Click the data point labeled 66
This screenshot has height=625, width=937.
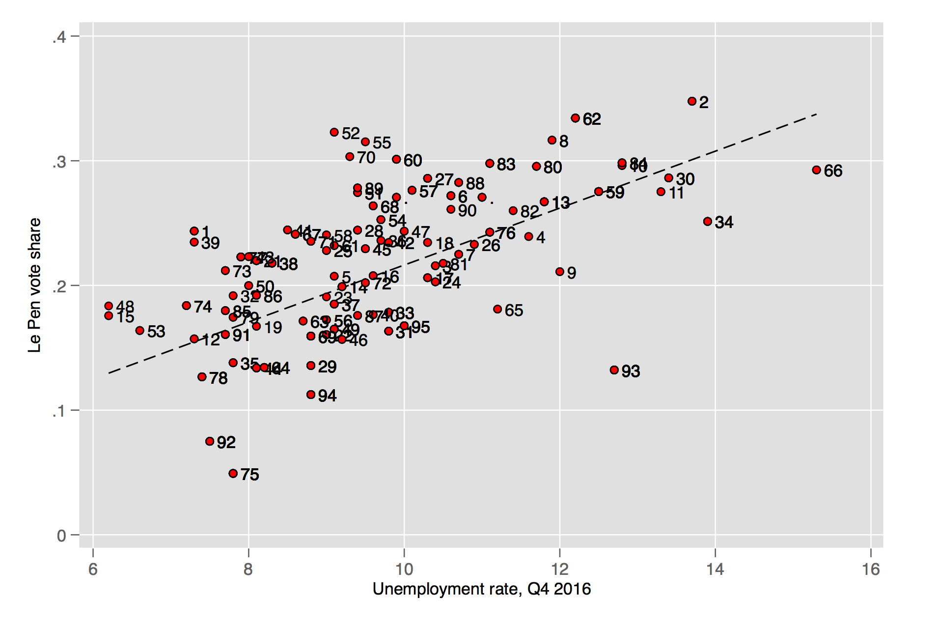tap(816, 170)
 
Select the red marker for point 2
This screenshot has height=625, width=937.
tap(692, 101)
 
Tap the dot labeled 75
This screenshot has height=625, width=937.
tap(233, 474)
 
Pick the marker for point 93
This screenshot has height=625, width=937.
tap(614, 370)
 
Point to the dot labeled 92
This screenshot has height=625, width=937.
tap(210, 441)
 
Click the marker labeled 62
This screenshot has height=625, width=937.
tap(575, 118)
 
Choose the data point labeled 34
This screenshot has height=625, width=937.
tap(707, 222)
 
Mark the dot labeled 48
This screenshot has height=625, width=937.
tap(109, 306)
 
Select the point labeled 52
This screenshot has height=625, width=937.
tap(334, 132)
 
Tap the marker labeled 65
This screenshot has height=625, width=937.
tap(497, 309)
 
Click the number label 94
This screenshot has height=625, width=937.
tap(327, 396)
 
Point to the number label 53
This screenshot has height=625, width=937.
tap(156, 332)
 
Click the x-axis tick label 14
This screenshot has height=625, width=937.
tap(715, 569)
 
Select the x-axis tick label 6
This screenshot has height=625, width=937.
tap(93, 569)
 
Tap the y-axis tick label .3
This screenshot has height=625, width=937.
tap(59, 162)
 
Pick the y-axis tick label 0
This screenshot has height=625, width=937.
tap(61, 536)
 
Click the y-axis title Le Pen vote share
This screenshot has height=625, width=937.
tap(34, 285)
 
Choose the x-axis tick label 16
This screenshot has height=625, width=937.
tap(871, 569)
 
